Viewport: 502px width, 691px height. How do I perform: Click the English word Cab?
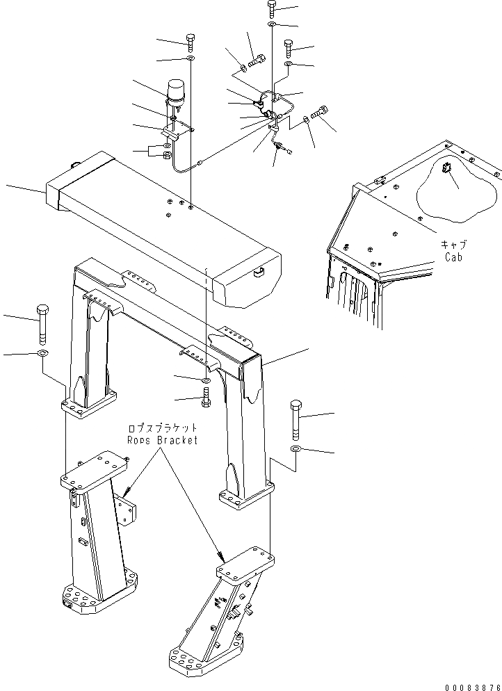(x=453, y=257)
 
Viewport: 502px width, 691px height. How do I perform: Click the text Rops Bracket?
(x=162, y=440)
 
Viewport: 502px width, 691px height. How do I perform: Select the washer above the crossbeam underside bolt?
(x=207, y=382)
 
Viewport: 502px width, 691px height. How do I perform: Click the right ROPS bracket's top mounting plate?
(x=244, y=562)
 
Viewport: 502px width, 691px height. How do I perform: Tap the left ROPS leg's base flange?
(x=88, y=406)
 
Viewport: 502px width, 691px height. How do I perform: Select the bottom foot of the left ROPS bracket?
(x=97, y=599)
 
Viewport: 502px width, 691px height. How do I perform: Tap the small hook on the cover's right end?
(x=259, y=272)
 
